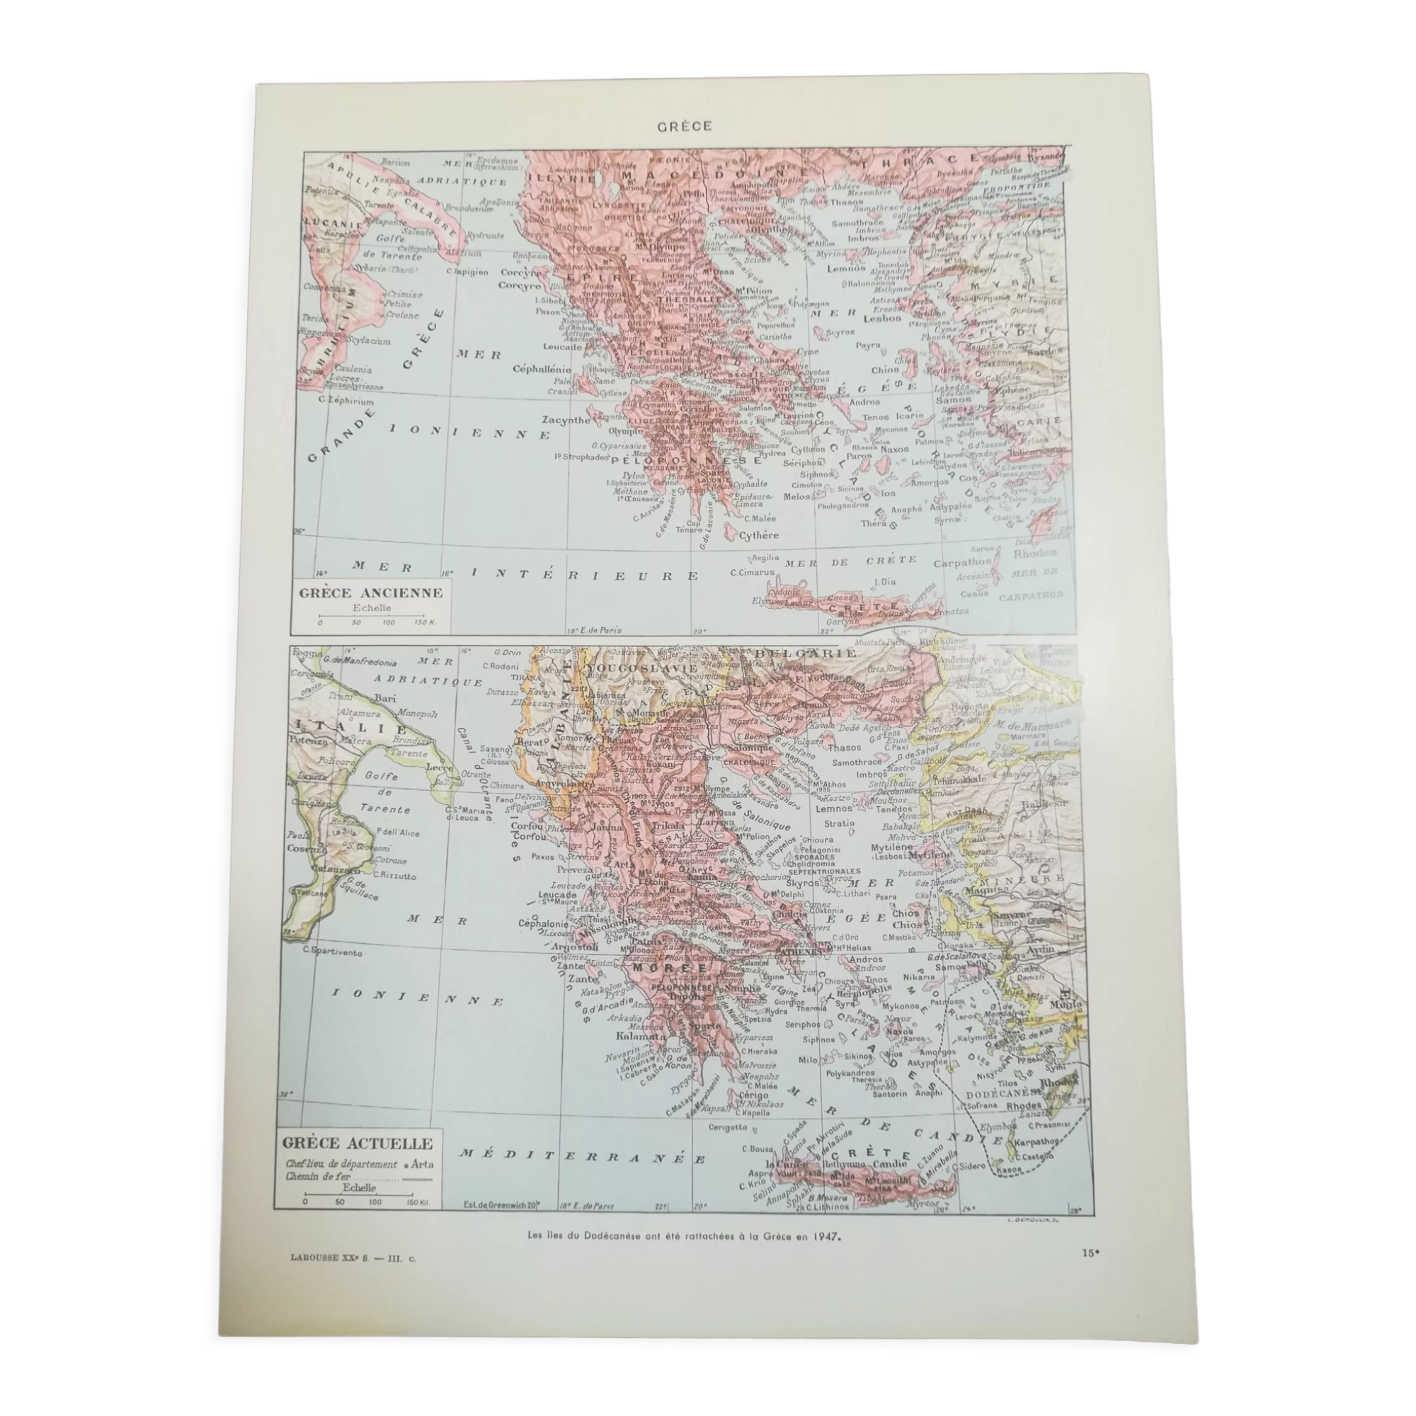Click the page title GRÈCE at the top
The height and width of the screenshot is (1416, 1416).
pos(673,126)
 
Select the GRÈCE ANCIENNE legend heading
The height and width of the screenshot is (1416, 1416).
pos(371,592)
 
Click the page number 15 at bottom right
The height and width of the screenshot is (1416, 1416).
pos(1091,1252)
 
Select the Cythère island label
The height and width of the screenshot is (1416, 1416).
pos(758,535)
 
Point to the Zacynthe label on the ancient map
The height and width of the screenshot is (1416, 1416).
pos(566,420)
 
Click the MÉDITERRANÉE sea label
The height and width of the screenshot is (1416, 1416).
pos(582,1156)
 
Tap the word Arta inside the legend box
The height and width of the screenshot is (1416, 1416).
pos(421,1163)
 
